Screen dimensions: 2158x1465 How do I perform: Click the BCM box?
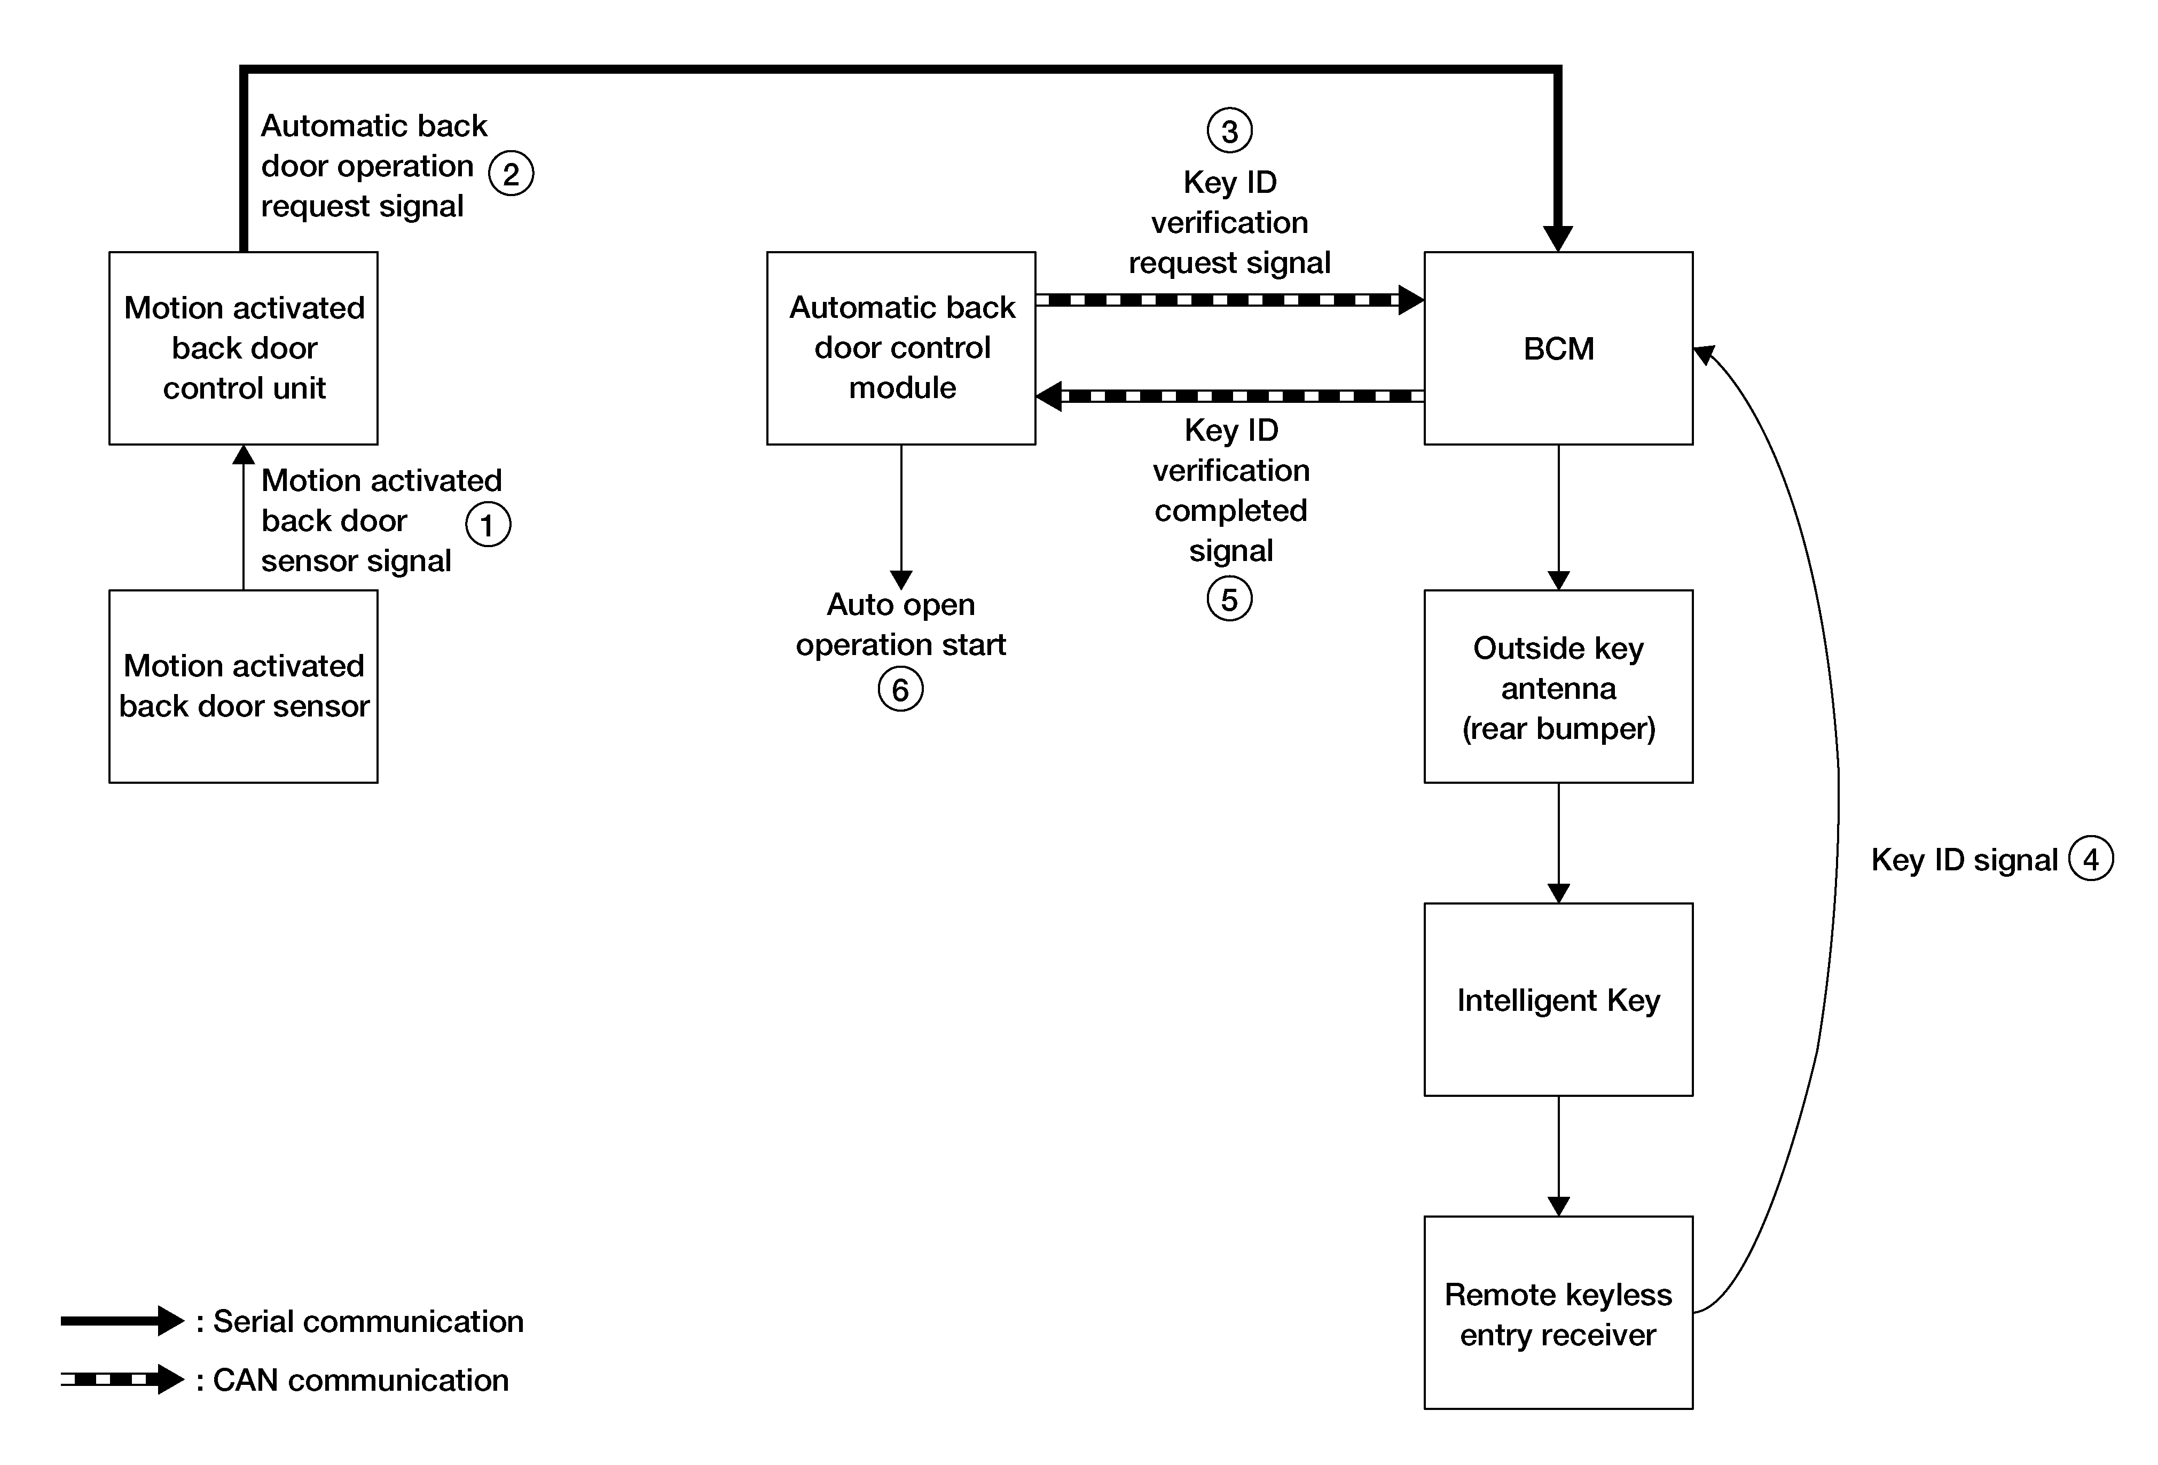[1558, 348]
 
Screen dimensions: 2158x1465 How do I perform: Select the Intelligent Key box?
[1558, 1000]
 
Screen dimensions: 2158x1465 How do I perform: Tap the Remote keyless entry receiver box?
[1558, 1313]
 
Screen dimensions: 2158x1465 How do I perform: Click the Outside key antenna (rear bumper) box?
[1558, 687]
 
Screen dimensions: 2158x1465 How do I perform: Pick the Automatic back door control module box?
[901, 348]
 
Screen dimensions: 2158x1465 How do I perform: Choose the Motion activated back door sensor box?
[244, 687]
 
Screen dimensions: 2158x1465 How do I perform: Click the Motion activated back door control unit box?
[244, 348]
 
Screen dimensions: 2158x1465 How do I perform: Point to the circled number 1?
[488, 525]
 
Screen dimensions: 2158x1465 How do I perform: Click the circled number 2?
[511, 174]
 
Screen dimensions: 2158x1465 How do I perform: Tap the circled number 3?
[1229, 131]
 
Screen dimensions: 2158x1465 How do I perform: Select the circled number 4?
[2090, 859]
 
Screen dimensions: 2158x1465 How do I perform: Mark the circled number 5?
[1229, 599]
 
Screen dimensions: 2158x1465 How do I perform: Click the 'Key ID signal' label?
[1964, 859]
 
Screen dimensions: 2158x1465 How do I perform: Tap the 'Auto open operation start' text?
[901, 624]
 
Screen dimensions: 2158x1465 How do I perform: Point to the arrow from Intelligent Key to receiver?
[1558, 1156]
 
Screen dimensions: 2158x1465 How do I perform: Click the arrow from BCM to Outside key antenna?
[1558, 517]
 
